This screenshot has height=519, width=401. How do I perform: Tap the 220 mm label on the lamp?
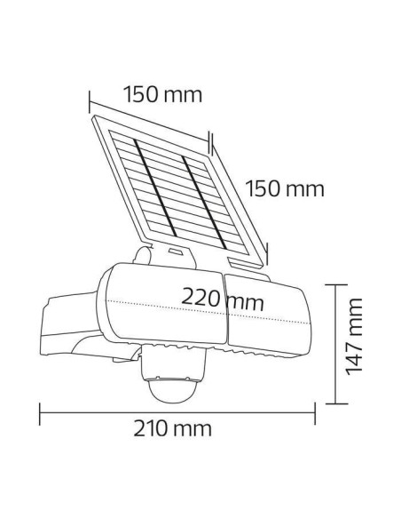click(223, 299)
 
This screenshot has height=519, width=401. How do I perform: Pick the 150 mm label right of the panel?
click(283, 189)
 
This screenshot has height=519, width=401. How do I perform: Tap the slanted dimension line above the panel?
click(151, 116)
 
